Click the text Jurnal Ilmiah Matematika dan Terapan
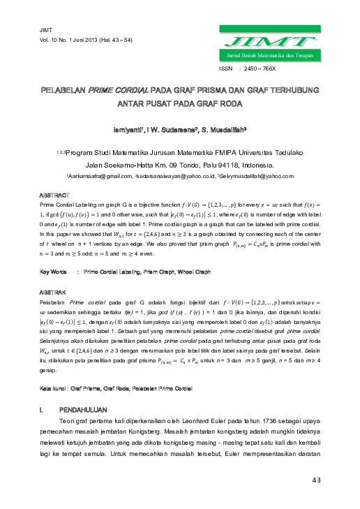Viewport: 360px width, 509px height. point(267,54)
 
